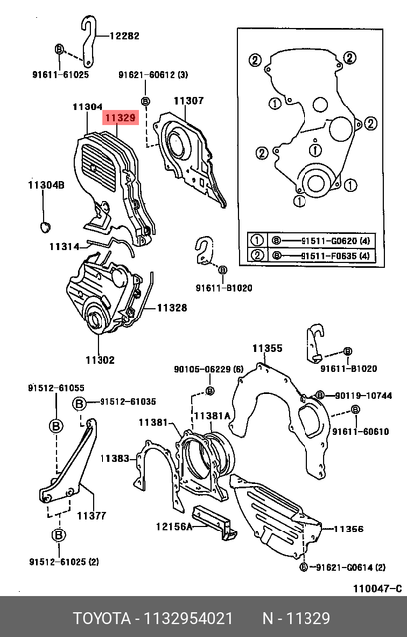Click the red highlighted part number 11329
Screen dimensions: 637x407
pyautogui.click(x=121, y=117)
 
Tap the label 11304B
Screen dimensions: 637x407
pyautogui.click(x=45, y=185)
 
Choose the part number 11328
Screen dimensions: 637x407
pyautogui.click(x=171, y=308)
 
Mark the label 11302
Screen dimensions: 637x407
pyautogui.click(x=100, y=359)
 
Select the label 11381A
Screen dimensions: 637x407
pyautogui.click(x=211, y=415)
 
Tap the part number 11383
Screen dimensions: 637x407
pyautogui.click(x=115, y=458)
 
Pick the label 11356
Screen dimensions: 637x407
pyautogui.click(x=349, y=530)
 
